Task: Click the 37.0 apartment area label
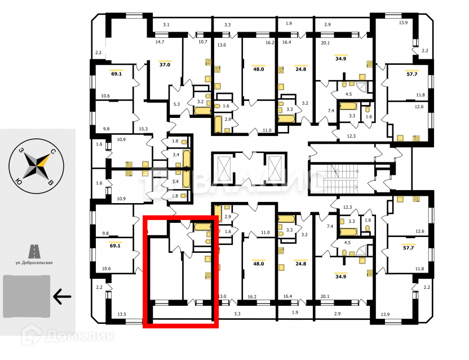point(165,65)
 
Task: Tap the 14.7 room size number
point(160,42)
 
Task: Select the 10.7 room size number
point(202,42)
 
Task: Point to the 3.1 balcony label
point(166,25)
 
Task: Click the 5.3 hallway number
point(176,104)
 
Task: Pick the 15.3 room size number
point(143,129)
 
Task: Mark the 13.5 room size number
point(121,314)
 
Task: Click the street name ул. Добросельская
point(34,263)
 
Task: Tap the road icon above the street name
point(34,250)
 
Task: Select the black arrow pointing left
point(63,295)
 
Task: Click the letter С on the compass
point(52,152)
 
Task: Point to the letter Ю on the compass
point(19,181)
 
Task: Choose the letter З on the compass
point(21,151)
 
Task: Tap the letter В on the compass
point(51,182)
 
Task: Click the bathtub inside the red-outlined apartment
point(202,227)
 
